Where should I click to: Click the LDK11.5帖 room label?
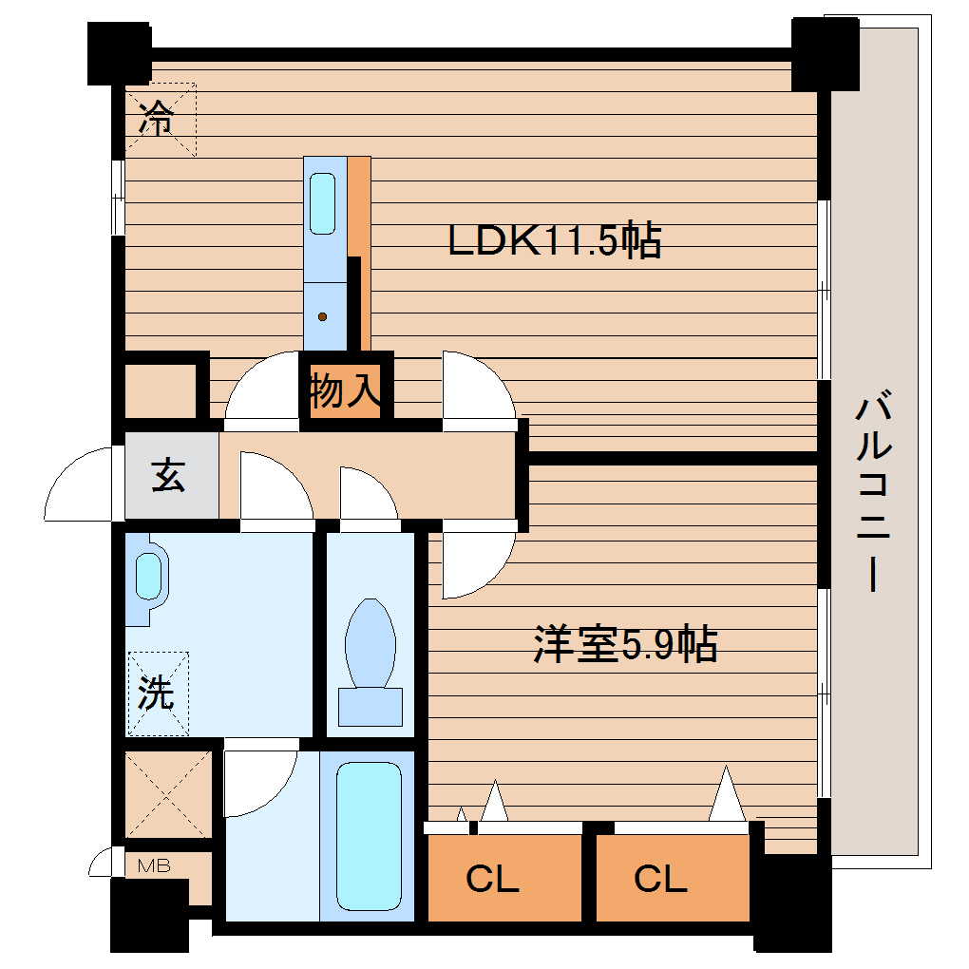pyautogui.click(x=555, y=241)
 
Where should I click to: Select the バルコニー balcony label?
pyautogui.click(x=871, y=494)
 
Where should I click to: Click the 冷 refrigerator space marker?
pyautogui.click(x=159, y=120)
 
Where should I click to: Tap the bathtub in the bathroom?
pyautogui.click(x=368, y=834)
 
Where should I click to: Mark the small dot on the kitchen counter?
pyautogui.click(x=323, y=316)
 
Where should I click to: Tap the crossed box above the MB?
pyautogui.click(x=168, y=793)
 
